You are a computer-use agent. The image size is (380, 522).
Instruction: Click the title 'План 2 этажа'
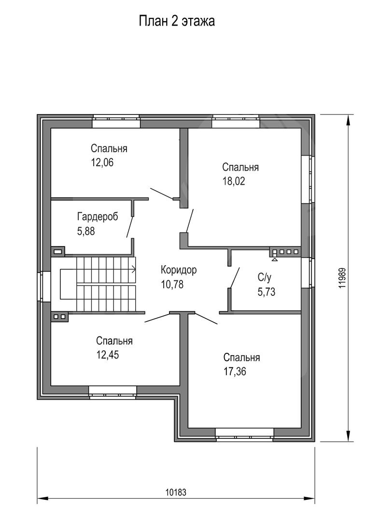point(177,21)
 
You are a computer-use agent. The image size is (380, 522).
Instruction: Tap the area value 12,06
point(102,162)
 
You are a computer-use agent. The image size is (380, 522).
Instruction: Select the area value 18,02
point(233,181)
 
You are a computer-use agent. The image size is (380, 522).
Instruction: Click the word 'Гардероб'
point(98,217)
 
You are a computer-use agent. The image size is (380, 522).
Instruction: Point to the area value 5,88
point(86,231)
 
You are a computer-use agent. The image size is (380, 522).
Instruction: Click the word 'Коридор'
point(179,270)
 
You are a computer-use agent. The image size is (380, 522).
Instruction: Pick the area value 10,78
point(172,284)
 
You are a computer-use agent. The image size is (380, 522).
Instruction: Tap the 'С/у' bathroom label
point(264,277)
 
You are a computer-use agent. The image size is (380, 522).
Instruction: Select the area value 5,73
point(267,291)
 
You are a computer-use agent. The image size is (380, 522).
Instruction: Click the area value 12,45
point(107,355)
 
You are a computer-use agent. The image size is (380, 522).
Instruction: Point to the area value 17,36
point(235,372)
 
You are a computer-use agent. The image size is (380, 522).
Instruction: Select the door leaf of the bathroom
point(235,277)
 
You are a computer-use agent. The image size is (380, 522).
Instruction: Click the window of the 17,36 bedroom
point(245,435)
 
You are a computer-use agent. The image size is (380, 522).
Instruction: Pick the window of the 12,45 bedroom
point(113,392)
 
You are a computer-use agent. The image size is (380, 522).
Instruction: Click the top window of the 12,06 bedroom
point(116,121)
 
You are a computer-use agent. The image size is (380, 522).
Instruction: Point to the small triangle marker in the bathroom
point(275,259)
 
